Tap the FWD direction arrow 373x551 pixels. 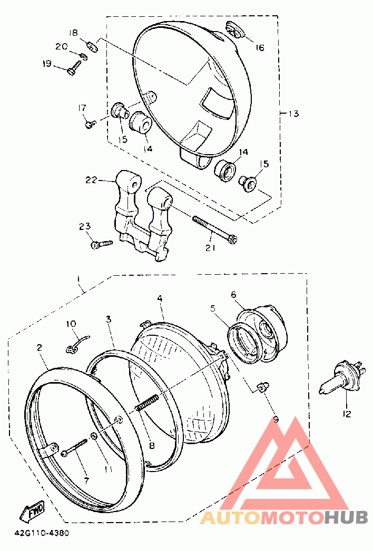[x=33, y=510]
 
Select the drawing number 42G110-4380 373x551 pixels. [x=42, y=533]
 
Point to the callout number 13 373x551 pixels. [x=293, y=114]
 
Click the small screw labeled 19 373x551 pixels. [x=74, y=67]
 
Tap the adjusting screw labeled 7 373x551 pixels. [x=74, y=447]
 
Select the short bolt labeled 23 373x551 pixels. [x=102, y=244]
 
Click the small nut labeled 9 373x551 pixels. [x=261, y=387]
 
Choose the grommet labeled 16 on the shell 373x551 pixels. [x=235, y=28]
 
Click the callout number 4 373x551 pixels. [x=160, y=298]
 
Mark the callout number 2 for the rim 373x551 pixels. [x=40, y=347]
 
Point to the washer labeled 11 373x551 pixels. [x=94, y=436]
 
